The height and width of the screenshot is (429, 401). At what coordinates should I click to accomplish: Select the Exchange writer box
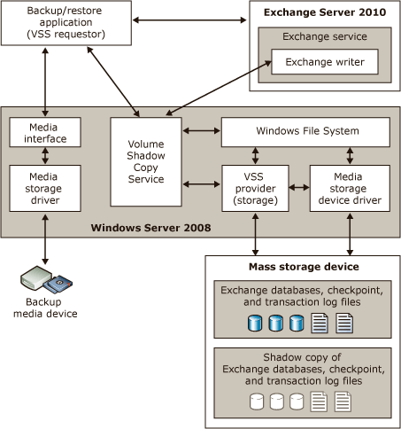(323, 63)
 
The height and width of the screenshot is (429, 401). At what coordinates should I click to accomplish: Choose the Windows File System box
(305, 132)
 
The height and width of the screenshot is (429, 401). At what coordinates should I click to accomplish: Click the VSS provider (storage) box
(255, 187)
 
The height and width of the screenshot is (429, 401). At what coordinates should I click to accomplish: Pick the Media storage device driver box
(350, 187)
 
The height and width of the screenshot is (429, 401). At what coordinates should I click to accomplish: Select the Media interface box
(43, 132)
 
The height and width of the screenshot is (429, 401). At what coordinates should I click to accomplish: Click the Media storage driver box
(43, 187)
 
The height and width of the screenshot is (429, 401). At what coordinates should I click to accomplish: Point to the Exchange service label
(323, 37)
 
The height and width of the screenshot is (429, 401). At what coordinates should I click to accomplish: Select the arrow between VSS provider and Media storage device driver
(299, 187)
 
